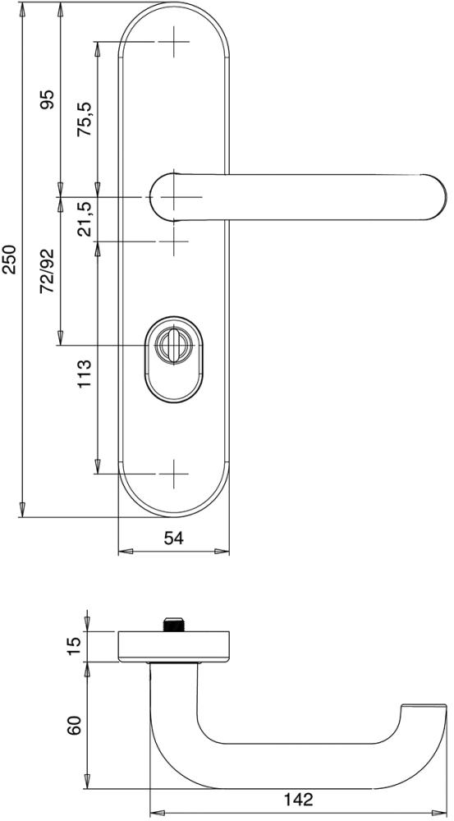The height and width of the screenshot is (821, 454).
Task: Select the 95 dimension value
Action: point(48,99)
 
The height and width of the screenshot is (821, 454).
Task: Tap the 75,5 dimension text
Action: point(85,119)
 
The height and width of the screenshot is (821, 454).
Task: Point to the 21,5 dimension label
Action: point(85,213)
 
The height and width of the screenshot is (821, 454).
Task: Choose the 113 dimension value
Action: point(85,374)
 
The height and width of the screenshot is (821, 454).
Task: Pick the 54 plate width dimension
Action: point(174,538)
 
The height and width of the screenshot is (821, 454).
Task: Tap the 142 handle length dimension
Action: point(299,800)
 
